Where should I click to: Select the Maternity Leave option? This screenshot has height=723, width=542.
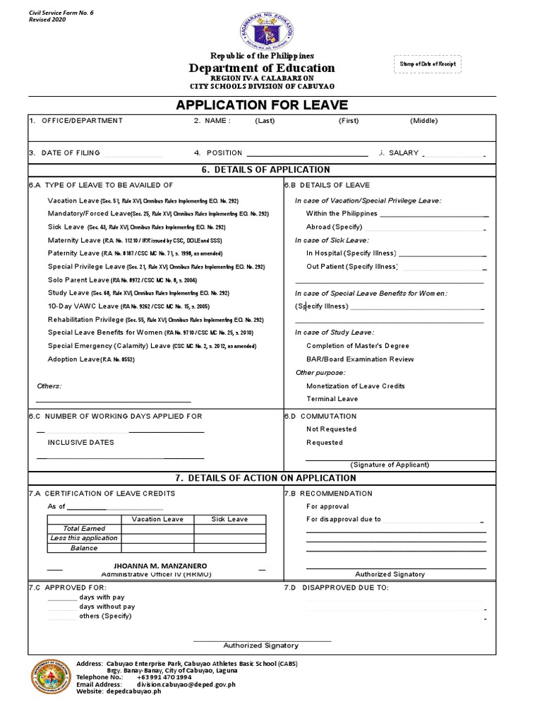pyautogui.click(x=74, y=240)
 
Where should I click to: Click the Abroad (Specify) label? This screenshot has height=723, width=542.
pyautogui.click(x=334, y=227)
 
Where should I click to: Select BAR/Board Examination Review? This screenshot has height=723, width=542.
pyautogui.click(x=360, y=359)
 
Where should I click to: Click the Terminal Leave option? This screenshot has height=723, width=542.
pyautogui.click(x=332, y=399)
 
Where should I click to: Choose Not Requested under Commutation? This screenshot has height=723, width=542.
pyautogui.click(x=331, y=429)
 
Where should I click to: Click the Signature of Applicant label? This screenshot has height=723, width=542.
pyautogui.click(x=390, y=465)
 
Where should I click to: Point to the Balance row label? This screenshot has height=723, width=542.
pyautogui.click(x=84, y=548)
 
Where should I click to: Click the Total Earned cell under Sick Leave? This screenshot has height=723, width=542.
pyautogui.click(x=230, y=529)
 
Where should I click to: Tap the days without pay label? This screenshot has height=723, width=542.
pyautogui.click(x=107, y=606)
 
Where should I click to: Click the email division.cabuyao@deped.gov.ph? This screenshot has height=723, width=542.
pyautogui.click(x=186, y=684)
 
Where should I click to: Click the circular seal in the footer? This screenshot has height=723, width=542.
pyautogui.click(x=50, y=679)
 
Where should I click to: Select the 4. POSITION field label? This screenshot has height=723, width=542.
pyautogui.click(x=218, y=153)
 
